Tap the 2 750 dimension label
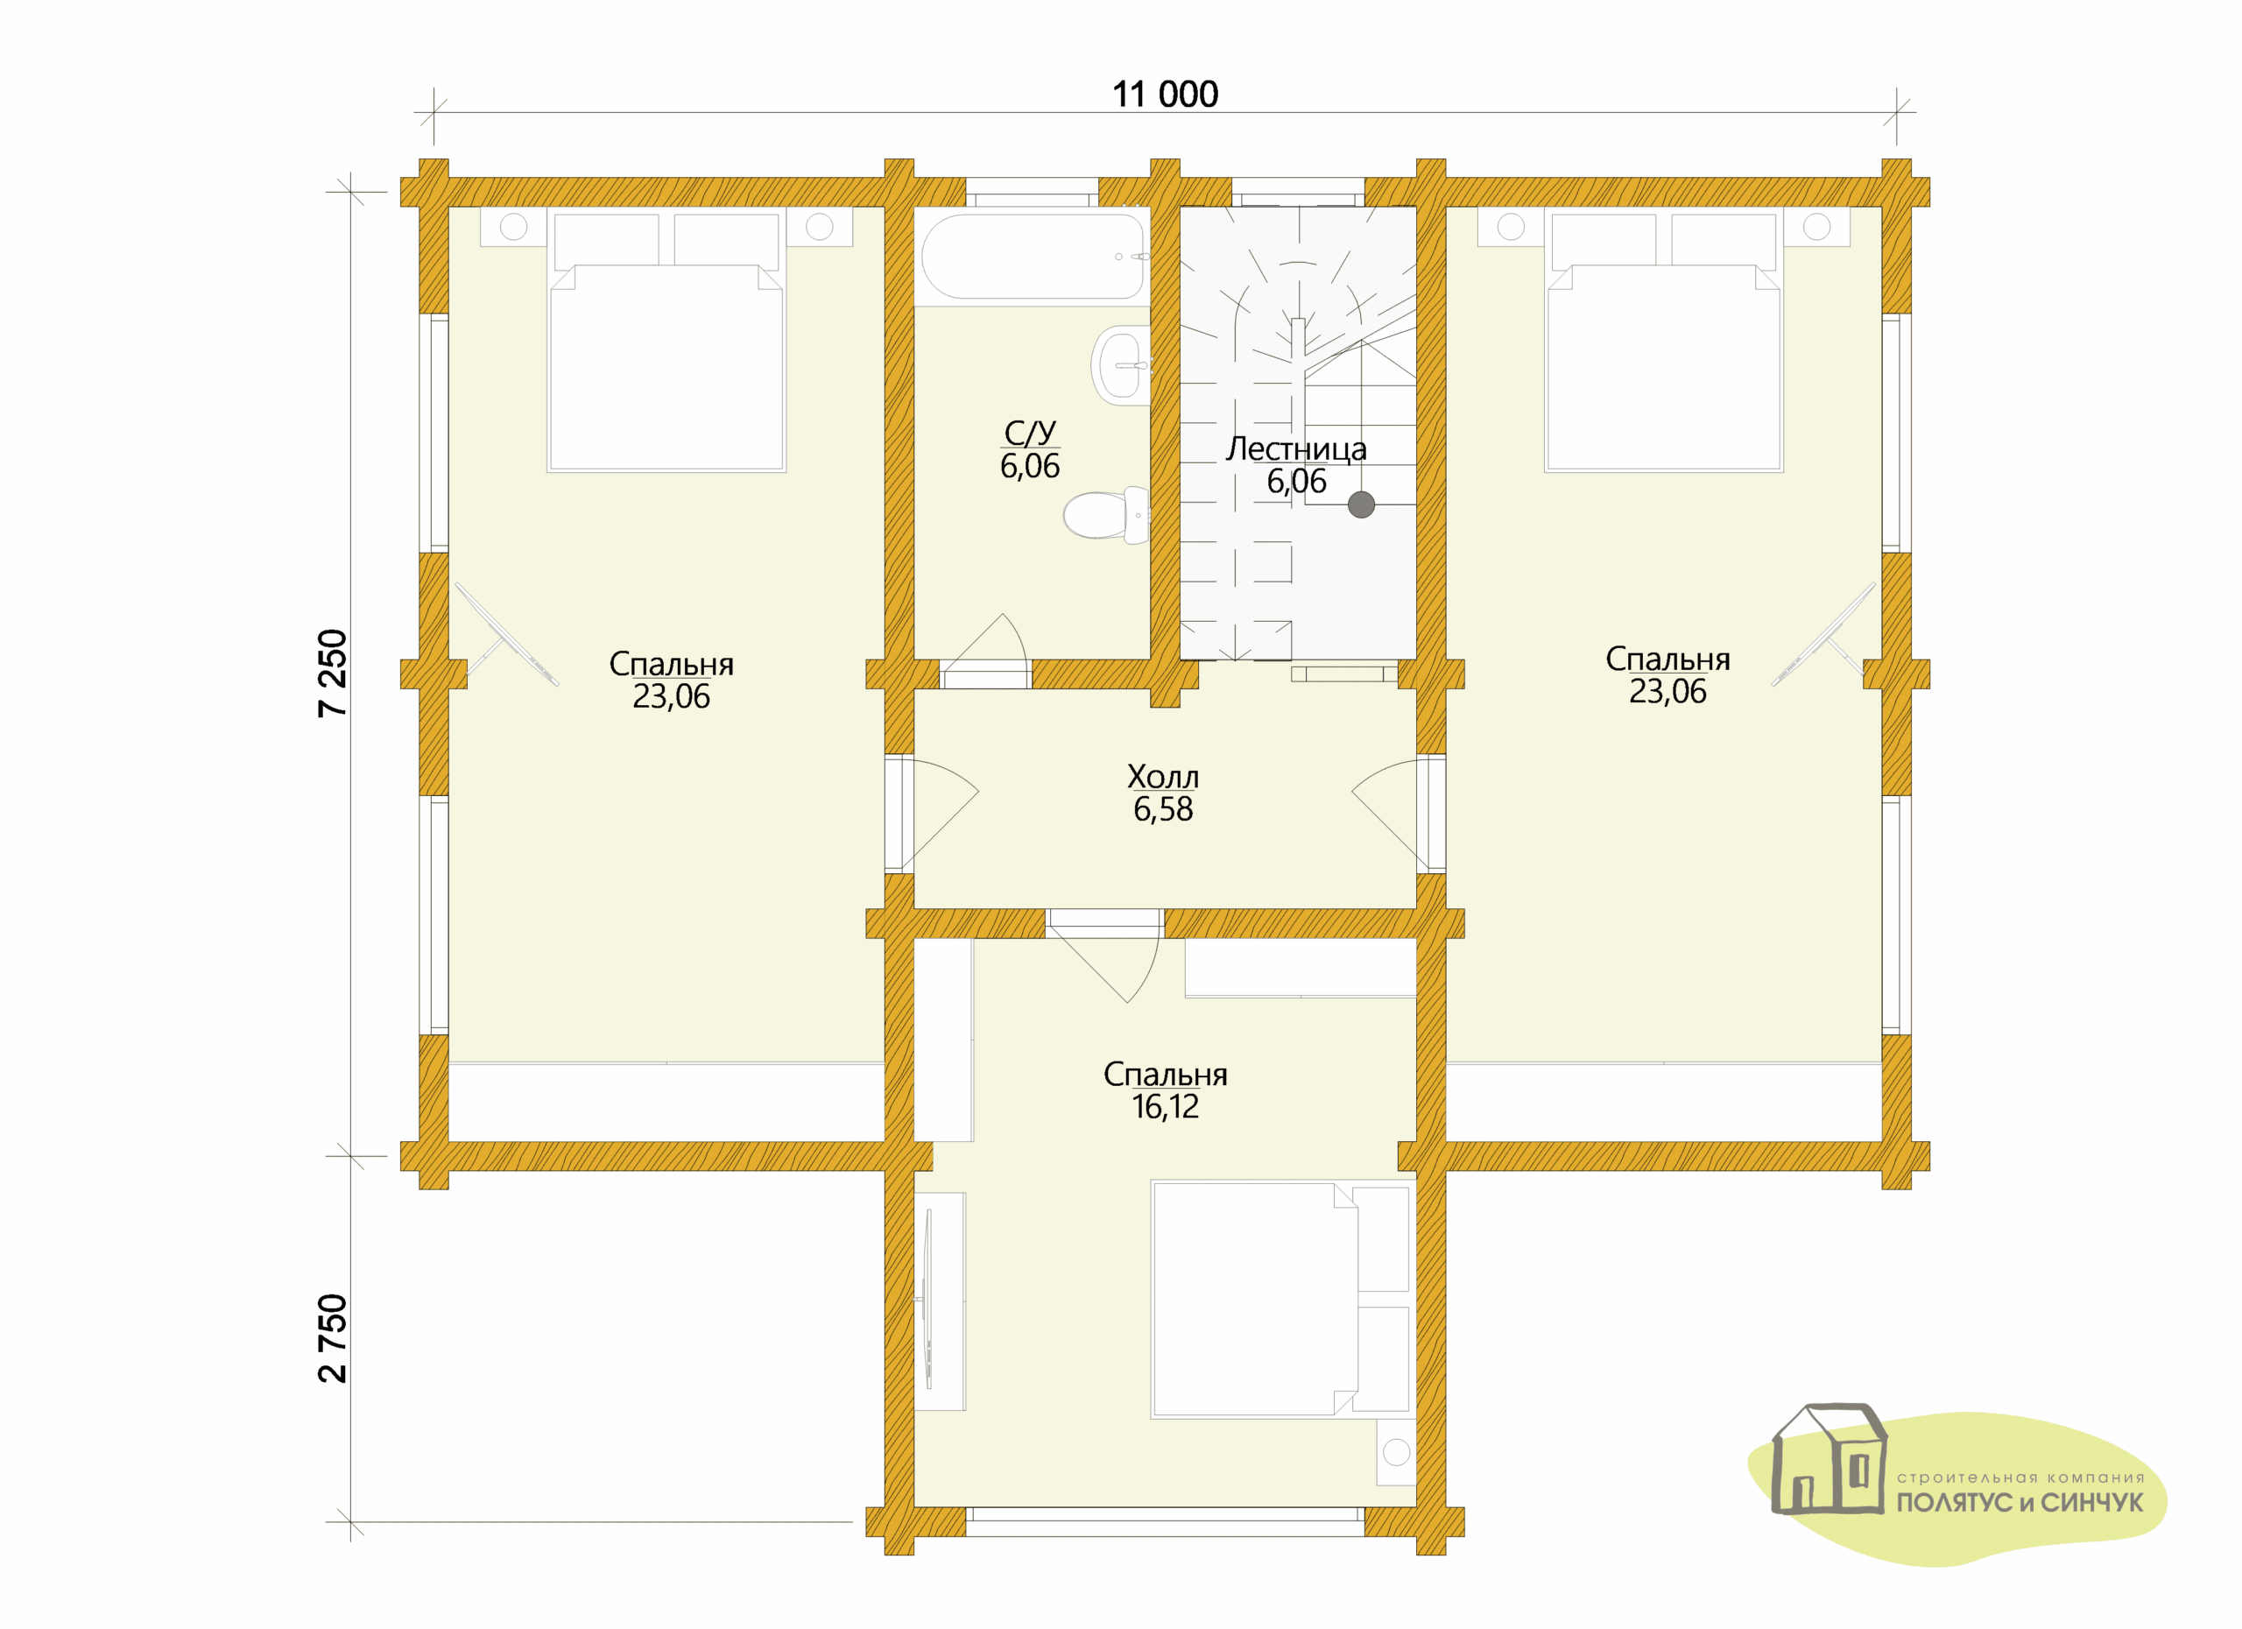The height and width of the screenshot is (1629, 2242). [x=333, y=1338]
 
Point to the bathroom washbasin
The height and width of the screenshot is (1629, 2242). [x=1120, y=364]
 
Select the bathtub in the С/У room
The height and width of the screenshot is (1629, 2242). [x=1032, y=256]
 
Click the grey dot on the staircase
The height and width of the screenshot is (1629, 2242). [x=1361, y=505]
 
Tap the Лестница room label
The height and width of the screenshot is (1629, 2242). [x=1296, y=448]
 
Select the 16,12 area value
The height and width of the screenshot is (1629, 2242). [x=1165, y=1107]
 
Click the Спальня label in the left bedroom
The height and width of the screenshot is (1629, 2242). [x=671, y=664]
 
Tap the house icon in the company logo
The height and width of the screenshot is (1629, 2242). [x=1830, y=1459]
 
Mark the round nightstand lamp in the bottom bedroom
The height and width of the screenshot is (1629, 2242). [x=1396, y=1452]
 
